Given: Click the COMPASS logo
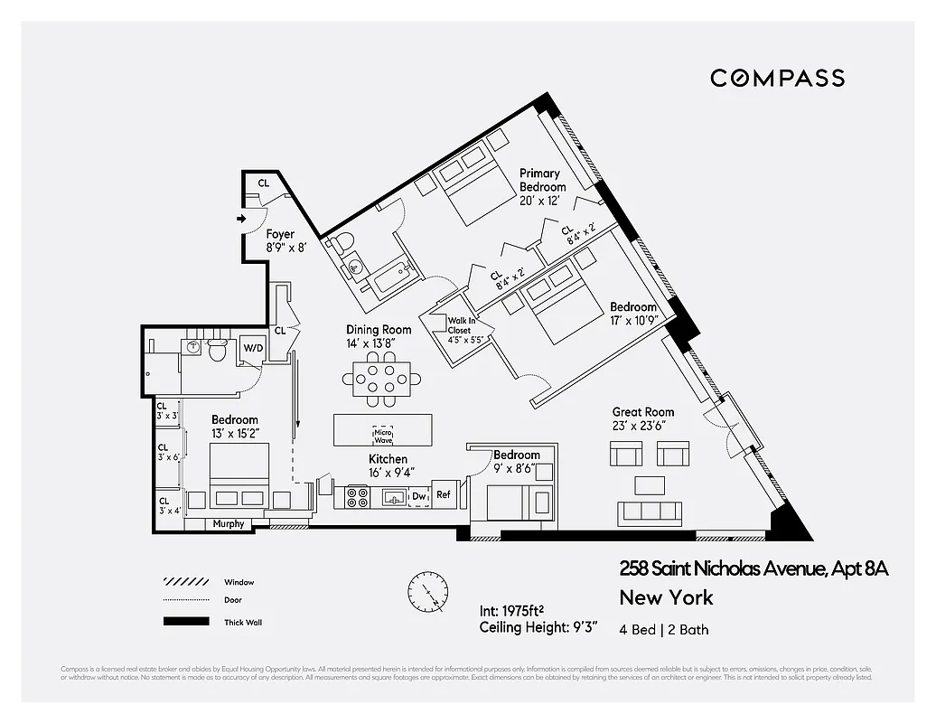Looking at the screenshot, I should tap(777, 78).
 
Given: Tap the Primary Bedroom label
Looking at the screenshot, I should tap(542, 180).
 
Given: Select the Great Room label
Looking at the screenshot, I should tap(642, 418).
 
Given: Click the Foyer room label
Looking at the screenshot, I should tap(280, 240).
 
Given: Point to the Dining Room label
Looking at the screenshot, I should tap(379, 336).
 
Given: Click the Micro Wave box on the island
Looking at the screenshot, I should tap(382, 435).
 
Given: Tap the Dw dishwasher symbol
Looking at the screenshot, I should tap(418, 495).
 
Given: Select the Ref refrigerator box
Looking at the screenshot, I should tap(444, 494).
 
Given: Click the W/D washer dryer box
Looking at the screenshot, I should tap(252, 348).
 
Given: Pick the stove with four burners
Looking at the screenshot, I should tap(357, 496).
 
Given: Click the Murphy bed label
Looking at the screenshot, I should tap(228, 524).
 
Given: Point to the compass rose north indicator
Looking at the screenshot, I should tap(427, 592).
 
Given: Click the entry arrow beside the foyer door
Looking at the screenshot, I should tap(240, 219).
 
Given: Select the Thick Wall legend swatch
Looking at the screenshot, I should tap(184, 622).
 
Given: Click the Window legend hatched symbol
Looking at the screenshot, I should tap(184, 582).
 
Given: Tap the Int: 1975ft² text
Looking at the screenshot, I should tap(515, 611).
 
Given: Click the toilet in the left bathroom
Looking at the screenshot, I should tap(217, 352).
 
